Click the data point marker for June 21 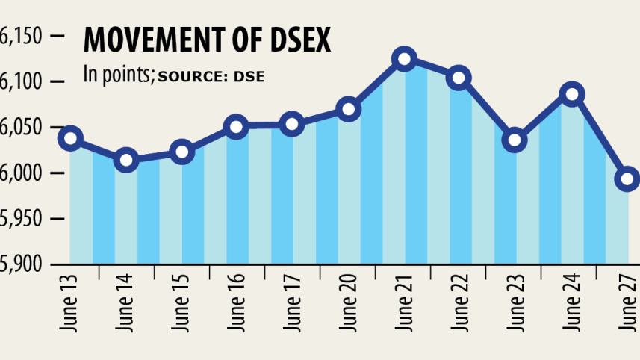coord(404,59)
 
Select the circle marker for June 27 coord(627,179)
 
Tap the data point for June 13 coord(71,138)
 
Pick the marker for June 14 coord(126,160)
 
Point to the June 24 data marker coord(572,94)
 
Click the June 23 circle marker coord(515,140)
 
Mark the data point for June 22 coord(459,78)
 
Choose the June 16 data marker coord(236,127)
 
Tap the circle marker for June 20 coord(349,110)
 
